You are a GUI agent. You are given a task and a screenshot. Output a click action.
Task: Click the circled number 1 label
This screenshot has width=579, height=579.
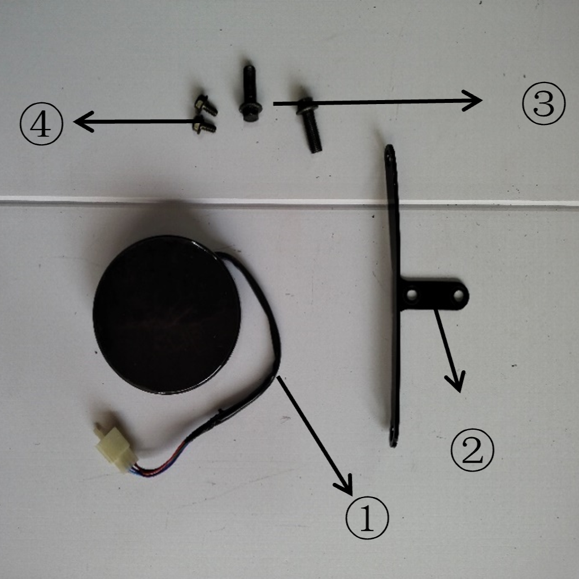(x=367, y=517)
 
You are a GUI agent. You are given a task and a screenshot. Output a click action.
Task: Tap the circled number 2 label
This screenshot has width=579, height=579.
(x=472, y=450)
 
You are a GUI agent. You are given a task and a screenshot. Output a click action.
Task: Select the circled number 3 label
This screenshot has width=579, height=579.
(x=543, y=103)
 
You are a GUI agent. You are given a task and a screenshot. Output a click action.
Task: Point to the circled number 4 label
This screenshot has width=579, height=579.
(x=41, y=123)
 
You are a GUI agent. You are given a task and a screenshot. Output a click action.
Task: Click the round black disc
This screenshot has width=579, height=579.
(x=167, y=314)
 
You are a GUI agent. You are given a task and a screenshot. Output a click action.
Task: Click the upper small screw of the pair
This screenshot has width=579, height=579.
(x=206, y=105)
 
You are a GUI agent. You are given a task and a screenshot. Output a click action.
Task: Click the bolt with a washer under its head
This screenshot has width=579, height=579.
(x=310, y=124)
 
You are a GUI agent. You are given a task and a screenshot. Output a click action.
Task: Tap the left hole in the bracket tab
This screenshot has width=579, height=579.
(x=412, y=295)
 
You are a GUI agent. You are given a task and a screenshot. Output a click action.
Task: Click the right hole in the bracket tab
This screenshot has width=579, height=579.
(x=458, y=295)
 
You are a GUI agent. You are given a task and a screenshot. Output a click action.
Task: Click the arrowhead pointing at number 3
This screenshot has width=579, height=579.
(x=473, y=100)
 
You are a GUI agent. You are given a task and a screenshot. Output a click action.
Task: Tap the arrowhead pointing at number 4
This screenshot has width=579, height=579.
(x=84, y=121)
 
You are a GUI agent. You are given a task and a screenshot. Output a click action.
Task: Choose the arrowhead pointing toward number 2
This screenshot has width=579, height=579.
(x=456, y=381)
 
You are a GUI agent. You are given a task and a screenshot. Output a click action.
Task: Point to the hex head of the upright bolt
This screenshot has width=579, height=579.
(x=250, y=111)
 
